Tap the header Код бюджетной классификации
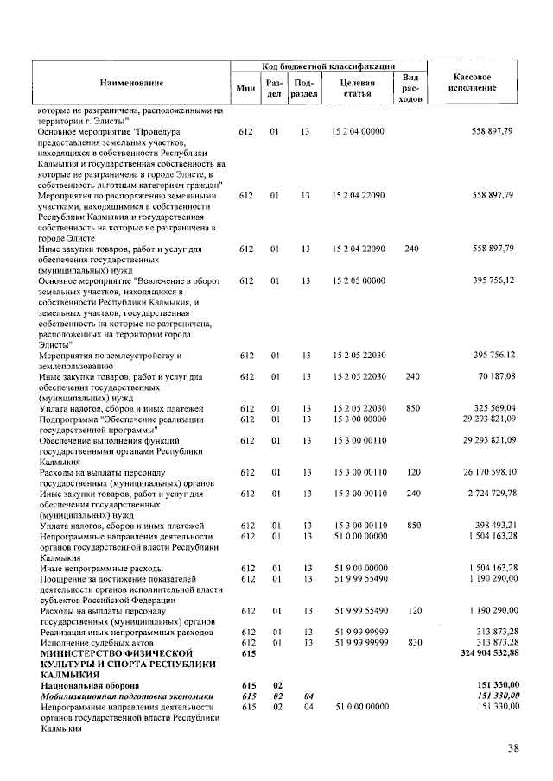point(328,66)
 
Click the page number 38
point(513,747)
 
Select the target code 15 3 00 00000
point(357,418)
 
